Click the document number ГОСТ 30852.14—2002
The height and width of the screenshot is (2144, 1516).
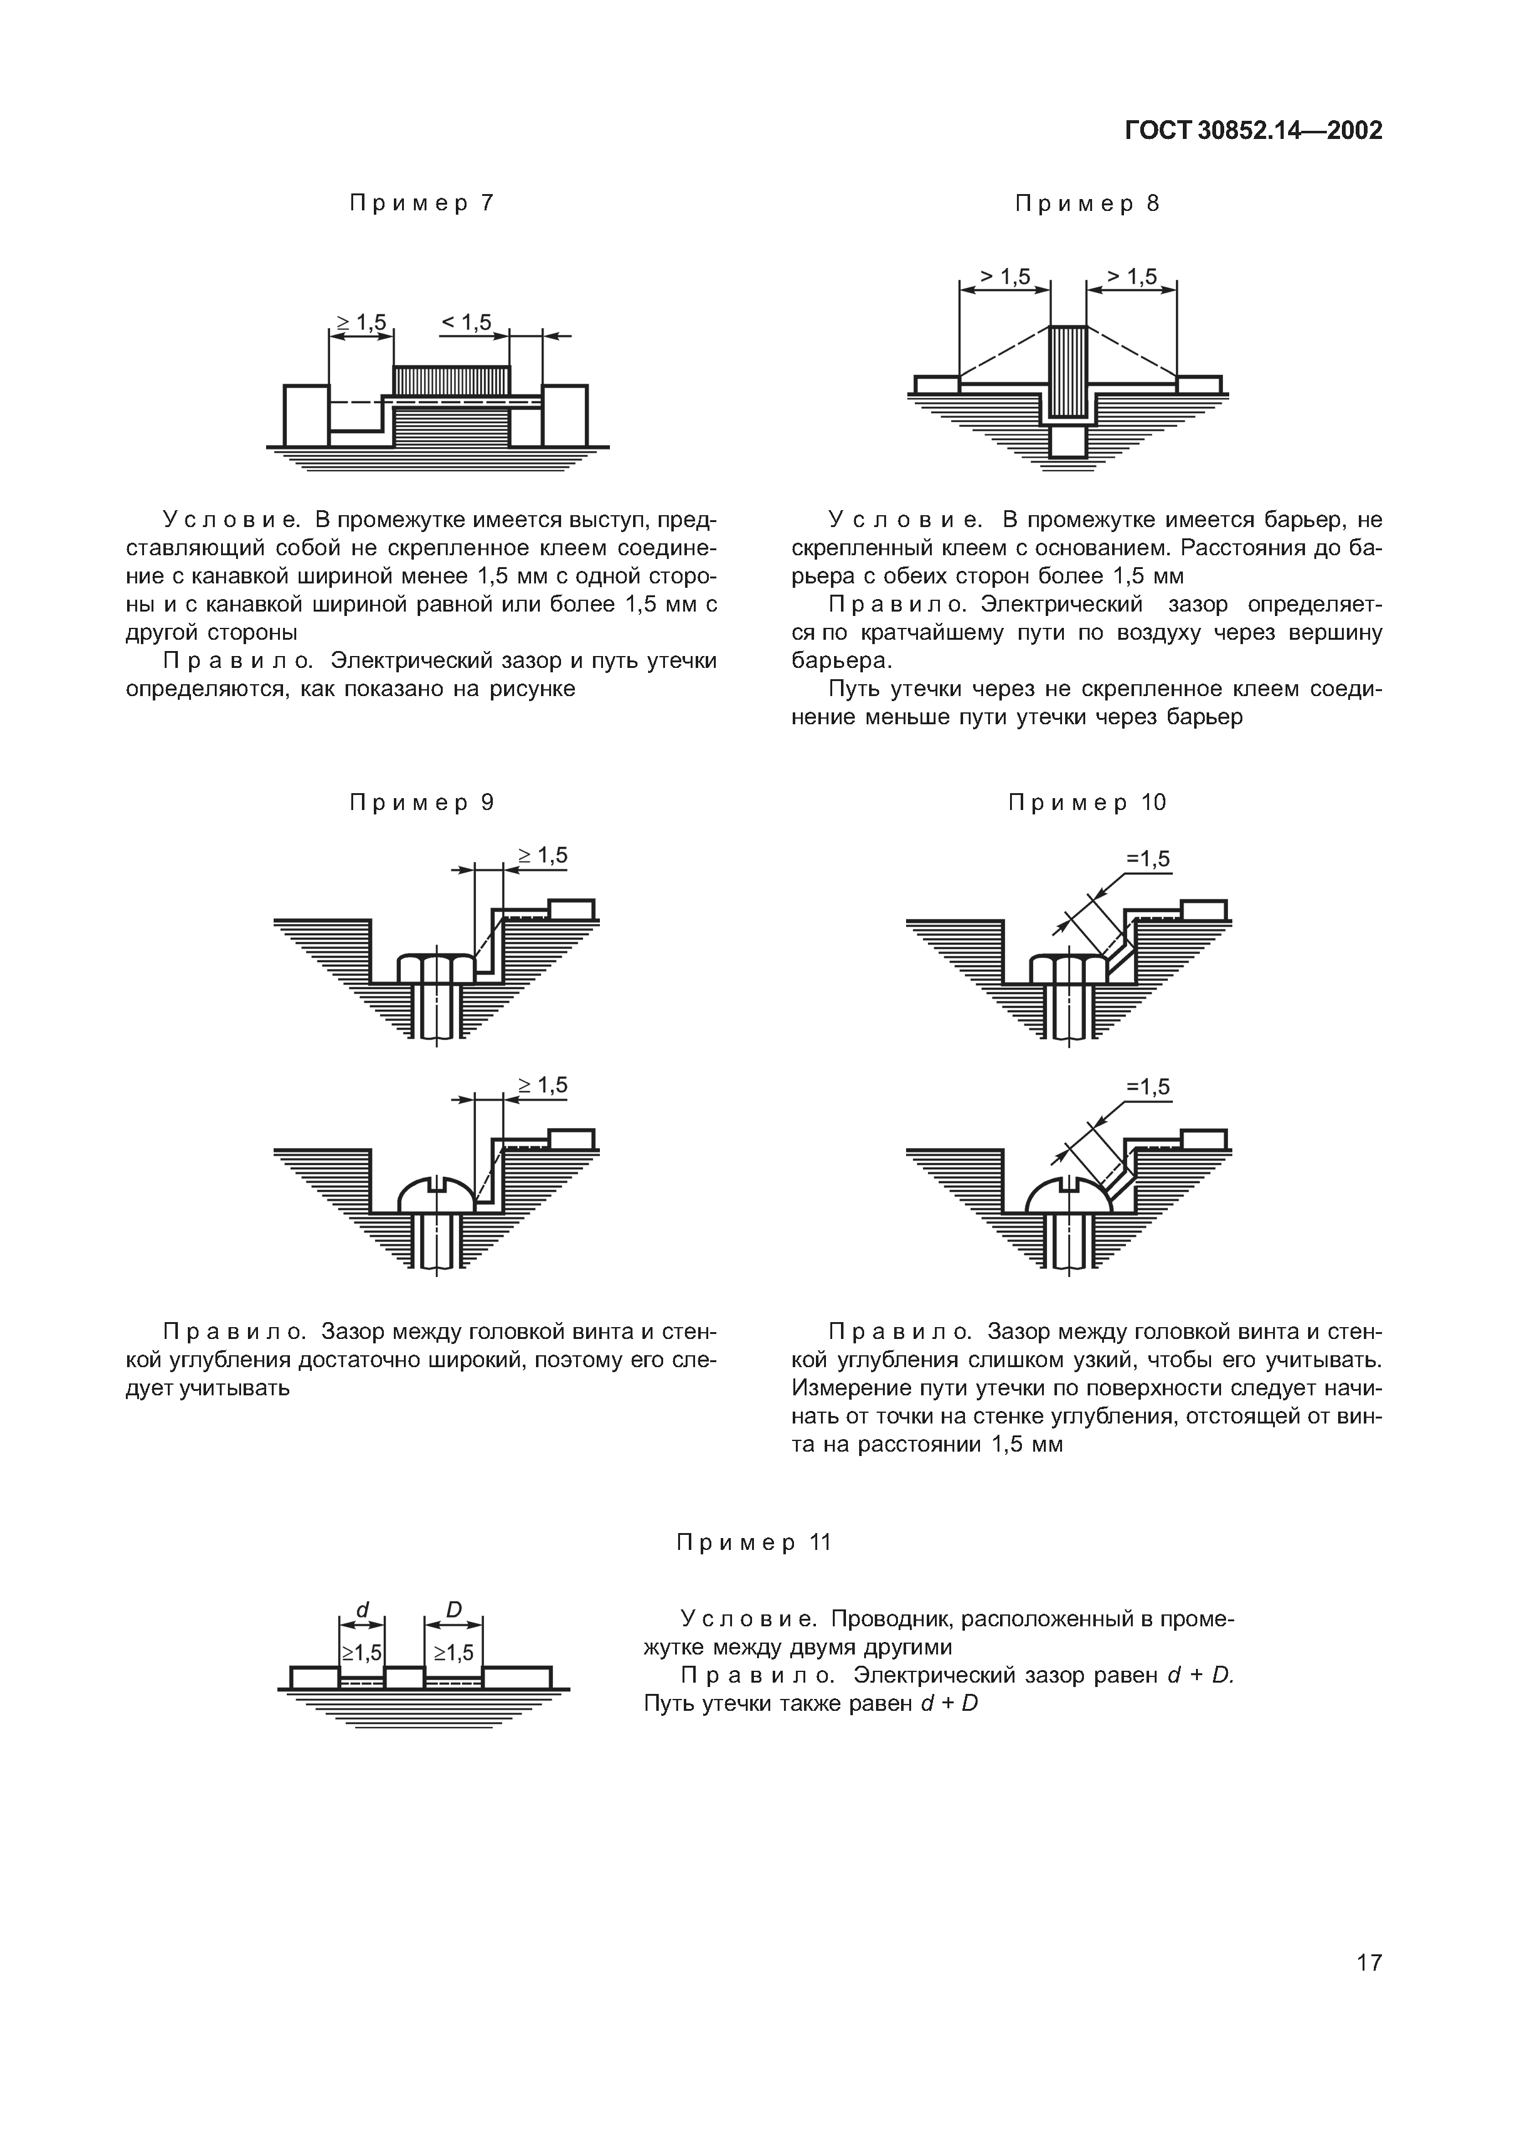(1252, 131)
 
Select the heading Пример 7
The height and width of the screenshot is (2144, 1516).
(421, 203)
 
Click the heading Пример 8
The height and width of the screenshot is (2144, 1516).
(1087, 203)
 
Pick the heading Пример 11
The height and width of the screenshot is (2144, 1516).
(754, 1542)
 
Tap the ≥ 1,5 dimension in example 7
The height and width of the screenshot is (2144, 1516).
(361, 322)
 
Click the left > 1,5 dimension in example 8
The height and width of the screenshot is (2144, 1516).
(1005, 277)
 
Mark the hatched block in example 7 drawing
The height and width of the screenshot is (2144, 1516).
(451, 379)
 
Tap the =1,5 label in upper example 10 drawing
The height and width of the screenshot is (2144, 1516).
(1148, 859)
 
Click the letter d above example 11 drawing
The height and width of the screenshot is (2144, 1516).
(363, 1610)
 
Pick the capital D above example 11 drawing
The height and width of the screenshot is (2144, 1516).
(454, 1610)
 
